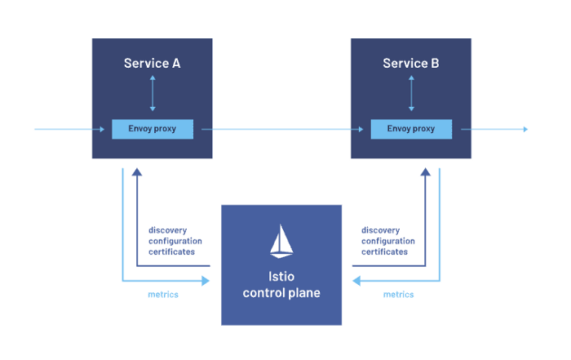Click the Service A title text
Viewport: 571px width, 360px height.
coord(153,64)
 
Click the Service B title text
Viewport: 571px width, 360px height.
coord(411,64)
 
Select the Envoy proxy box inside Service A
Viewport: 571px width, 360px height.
coord(153,129)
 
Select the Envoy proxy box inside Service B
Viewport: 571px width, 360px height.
coord(411,129)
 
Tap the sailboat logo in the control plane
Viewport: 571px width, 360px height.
coord(281,241)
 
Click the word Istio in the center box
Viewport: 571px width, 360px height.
coord(281,277)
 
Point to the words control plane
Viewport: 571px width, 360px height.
coord(281,293)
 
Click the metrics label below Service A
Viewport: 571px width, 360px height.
coord(163,295)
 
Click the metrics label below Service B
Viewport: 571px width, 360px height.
coord(398,295)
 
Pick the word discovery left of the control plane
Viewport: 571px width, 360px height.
coord(167,231)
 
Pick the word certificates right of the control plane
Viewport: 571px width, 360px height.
coord(384,251)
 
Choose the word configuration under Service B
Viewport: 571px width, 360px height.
coord(388,241)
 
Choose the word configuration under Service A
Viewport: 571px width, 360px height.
coord(175,241)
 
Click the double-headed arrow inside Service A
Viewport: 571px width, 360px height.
coord(153,93)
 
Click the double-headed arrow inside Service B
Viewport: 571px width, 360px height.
coord(411,93)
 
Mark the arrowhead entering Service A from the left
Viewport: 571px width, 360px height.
coord(102,129)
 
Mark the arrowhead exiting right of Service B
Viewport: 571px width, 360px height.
coord(525,129)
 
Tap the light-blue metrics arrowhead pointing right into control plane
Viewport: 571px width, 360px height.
coord(206,281)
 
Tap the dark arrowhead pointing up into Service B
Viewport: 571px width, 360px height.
coord(425,172)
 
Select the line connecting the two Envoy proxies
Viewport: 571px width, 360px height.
coord(282,129)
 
